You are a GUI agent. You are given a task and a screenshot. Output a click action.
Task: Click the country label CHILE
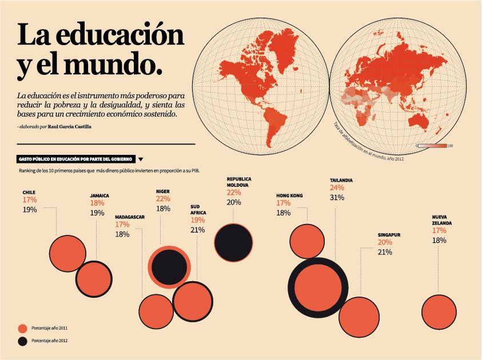coord(30,193)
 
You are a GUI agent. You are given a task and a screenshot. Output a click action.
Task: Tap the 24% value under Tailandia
coord(337,188)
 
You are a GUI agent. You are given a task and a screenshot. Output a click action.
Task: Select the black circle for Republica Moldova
coord(233,242)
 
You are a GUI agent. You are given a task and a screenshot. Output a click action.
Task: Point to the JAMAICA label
coord(99,195)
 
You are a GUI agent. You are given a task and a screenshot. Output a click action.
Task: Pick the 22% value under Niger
coord(163,199)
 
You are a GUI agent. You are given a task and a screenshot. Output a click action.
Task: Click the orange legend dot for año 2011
coord(22,328)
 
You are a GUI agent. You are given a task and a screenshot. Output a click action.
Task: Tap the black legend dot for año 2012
coord(22,341)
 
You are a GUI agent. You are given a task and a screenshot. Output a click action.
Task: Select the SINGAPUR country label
coord(389,235)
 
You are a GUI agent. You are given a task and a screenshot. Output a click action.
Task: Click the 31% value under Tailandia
coord(337,198)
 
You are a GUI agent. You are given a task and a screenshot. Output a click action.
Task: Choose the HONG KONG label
coord(289,195)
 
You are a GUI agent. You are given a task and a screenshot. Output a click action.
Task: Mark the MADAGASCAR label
coord(130,217)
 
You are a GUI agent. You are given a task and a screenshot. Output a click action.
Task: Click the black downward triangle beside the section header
coord(141,159)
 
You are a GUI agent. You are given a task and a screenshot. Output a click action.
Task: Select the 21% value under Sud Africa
coord(197,230)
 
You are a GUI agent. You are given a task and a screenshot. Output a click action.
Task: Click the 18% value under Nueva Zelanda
coord(439,241)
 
